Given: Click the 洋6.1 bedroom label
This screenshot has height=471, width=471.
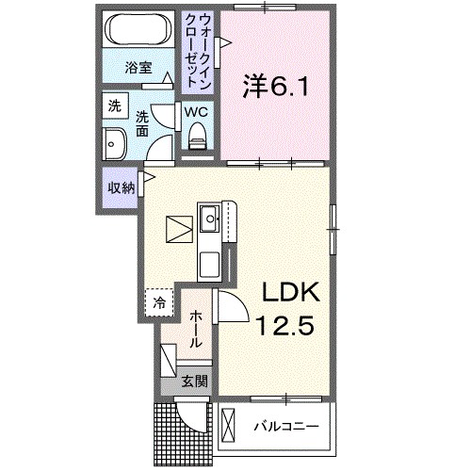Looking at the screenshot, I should tap(273, 86).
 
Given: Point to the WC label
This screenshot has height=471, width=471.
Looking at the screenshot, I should tap(197, 111).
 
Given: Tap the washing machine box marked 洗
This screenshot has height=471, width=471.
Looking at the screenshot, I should tap(114, 106).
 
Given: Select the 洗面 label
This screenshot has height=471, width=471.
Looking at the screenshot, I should tap(142, 125).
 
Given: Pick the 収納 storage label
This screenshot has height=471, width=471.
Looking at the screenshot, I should tap(121, 187).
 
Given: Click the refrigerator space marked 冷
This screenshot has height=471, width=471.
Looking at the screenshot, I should tap(159, 302).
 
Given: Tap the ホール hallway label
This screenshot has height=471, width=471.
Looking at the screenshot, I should tap(195, 330).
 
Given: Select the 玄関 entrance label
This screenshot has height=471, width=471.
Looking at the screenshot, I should tap(194, 382).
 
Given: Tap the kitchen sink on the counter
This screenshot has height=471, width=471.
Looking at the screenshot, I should tap(210, 223).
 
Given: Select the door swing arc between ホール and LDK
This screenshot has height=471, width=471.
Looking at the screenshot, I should tap(234, 306).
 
